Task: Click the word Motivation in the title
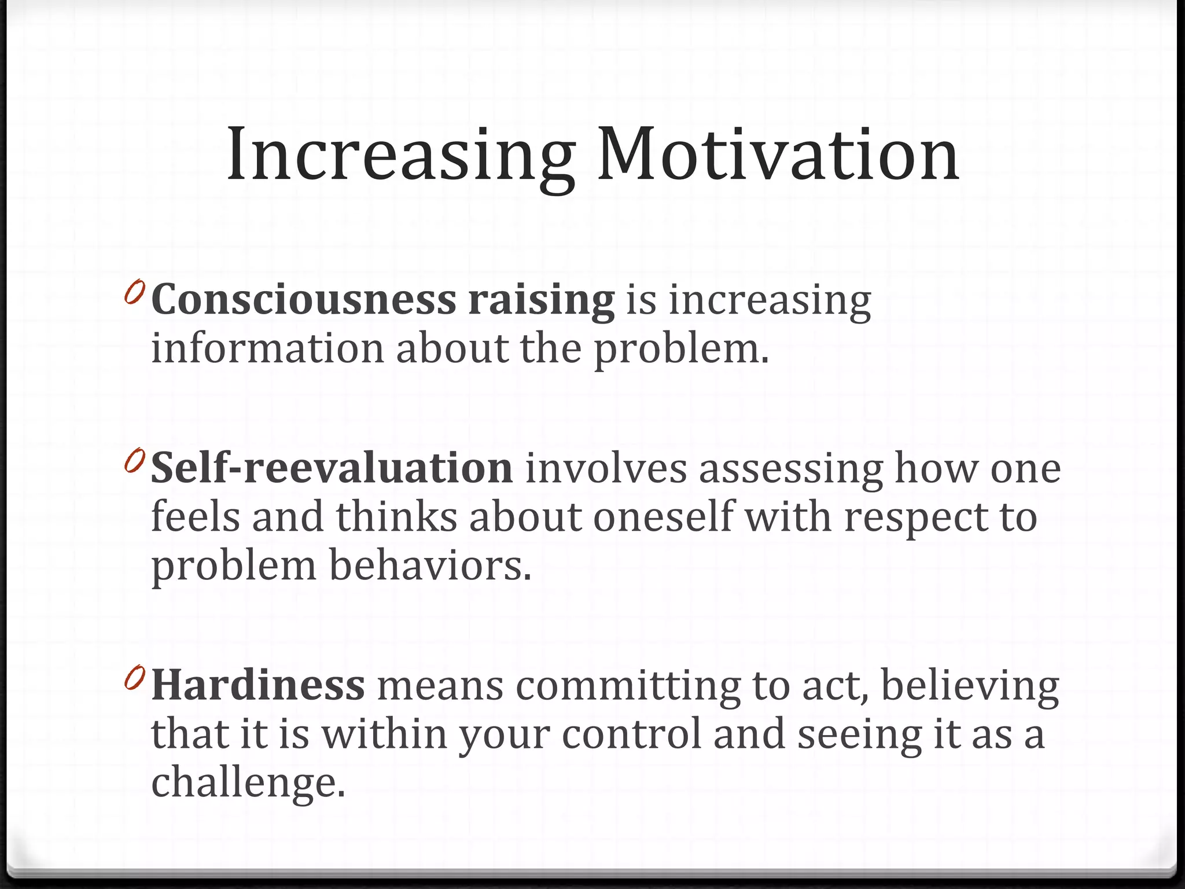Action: pyautogui.click(x=778, y=155)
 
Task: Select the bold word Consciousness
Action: pyautogui.click(x=304, y=300)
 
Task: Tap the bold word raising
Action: pyautogui.click(x=541, y=300)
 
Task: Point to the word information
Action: pyautogui.click(x=267, y=349)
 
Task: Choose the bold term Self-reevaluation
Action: pyautogui.click(x=332, y=468)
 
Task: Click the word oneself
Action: pyautogui.click(x=663, y=516)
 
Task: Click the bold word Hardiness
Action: pyautogui.click(x=258, y=685)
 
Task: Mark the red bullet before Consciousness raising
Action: pyautogui.click(x=134, y=292)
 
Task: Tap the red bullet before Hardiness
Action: pyautogui.click(x=134, y=677)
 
